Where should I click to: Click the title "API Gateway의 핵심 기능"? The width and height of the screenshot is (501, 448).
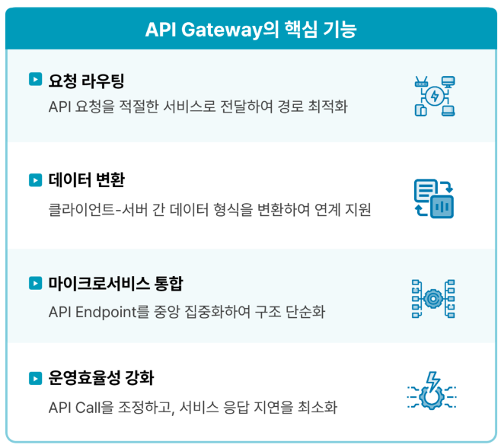pyautogui.click(x=250, y=30)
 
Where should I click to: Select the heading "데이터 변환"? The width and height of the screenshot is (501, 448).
pyautogui.click(x=86, y=180)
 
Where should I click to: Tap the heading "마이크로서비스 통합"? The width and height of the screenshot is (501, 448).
pyautogui.click(x=116, y=284)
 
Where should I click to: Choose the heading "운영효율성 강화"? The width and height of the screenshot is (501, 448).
pyautogui.click(x=107, y=378)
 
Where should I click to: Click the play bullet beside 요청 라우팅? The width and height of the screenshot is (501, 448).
pyautogui.click(x=34, y=79)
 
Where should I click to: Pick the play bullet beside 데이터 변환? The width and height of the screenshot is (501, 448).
pyautogui.click(x=34, y=180)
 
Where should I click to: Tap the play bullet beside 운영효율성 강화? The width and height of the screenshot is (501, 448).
pyautogui.click(x=34, y=378)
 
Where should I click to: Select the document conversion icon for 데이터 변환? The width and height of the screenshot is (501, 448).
pyautogui.click(x=433, y=199)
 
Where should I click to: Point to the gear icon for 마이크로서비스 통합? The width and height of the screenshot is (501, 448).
pyautogui.click(x=433, y=298)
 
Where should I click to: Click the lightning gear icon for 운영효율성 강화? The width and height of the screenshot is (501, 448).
pyautogui.click(x=433, y=393)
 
